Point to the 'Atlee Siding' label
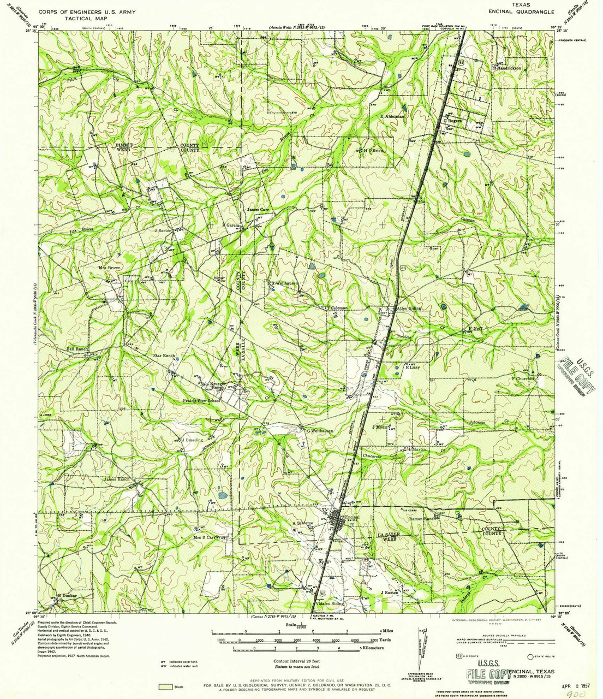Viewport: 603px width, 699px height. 409,309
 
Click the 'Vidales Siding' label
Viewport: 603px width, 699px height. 329,604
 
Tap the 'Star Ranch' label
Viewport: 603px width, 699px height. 164,356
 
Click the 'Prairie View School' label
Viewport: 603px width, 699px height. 201,401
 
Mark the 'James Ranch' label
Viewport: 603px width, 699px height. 116,479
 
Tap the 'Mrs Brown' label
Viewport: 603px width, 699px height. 109,268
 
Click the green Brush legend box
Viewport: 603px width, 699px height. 163,686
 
